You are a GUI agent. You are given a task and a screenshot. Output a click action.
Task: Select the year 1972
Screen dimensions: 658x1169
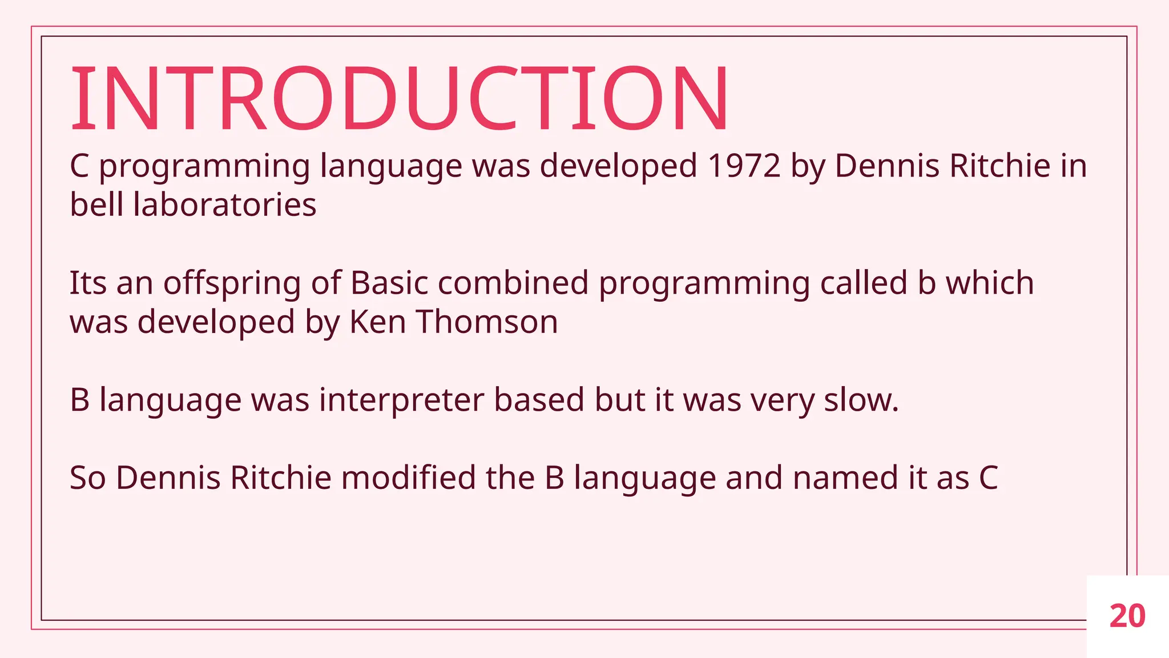point(744,166)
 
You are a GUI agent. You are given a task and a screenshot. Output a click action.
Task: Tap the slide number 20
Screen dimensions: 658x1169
point(1127,616)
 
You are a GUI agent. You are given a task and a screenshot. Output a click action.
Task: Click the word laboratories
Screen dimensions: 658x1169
point(224,205)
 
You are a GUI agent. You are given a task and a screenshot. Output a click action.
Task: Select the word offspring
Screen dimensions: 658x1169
point(232,284)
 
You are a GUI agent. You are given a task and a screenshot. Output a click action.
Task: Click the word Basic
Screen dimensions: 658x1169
point(389,283)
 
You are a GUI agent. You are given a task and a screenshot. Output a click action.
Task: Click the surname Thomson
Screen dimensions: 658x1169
point(487,322)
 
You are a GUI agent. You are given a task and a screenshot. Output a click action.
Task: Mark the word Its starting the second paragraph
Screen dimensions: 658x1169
point(87,283)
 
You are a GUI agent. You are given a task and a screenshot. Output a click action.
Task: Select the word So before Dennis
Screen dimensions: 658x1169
point(87,478)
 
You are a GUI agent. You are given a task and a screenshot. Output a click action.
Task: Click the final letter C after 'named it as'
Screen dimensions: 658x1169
point(988,478)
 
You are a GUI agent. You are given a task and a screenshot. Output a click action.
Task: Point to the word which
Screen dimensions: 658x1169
point(990,283)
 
